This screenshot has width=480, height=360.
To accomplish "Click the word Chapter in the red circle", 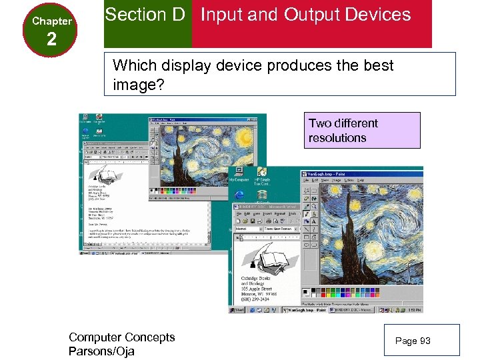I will (x=51, y=21).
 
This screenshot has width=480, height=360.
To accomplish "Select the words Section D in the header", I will (x=145, y=14).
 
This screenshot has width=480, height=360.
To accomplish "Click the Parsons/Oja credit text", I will (x=101, y=351).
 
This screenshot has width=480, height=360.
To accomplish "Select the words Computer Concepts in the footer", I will (x=121, y=337).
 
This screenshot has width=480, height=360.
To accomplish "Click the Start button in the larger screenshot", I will (x=239, y=310).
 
